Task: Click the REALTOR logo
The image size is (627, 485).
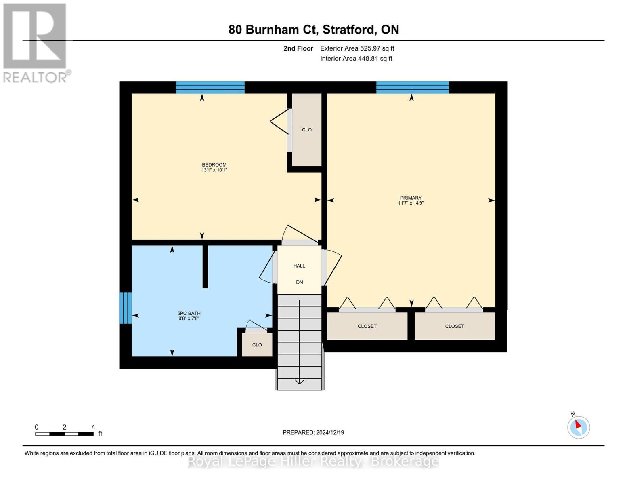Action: coord(36,42)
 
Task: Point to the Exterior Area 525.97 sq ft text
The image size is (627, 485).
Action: coord(357,48)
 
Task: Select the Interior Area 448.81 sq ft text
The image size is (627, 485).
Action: coord(356,59)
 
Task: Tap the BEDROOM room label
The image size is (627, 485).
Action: coord(214,167)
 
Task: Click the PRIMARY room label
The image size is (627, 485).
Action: coord(411,200)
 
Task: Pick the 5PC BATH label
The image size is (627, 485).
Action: coord(189,316)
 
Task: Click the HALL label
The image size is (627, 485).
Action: coord(299,266)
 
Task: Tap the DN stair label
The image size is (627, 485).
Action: coord(299,283)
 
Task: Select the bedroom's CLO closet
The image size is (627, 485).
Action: coord(307,130)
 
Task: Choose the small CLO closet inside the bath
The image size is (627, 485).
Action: coord(257,345)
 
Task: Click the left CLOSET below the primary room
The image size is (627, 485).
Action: coord(367,326)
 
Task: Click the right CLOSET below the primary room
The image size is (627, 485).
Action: coord(455,326)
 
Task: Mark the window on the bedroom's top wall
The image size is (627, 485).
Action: coord(210,87)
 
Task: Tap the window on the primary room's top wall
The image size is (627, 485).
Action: coord(412,87)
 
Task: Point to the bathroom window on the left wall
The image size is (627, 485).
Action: coord(126,308)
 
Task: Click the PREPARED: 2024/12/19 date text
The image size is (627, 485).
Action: coord(313,432)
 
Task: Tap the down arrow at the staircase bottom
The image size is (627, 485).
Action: coord(300,381)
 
